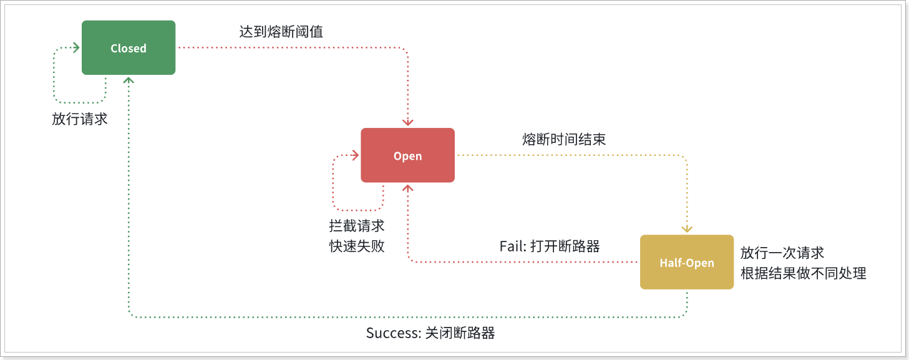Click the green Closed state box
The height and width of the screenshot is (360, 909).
(x=129, y=48)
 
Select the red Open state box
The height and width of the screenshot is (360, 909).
(x=407, y=155)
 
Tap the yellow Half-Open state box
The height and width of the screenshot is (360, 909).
(x=687, y=262)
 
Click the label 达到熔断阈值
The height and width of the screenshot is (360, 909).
(x=281, y=32)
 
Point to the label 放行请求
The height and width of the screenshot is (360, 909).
(x=79, y=119)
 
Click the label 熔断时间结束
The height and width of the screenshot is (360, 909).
(x=563, y=139)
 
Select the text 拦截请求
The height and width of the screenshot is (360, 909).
(x=356, y=226)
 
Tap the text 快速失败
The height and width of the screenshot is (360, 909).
(x=356, y=246)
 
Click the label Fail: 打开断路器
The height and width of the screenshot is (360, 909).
(x=550, y=246)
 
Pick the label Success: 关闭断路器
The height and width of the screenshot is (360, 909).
(x=430, y=333)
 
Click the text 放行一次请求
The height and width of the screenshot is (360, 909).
(x=782, y=253)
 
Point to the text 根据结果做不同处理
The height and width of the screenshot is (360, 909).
(x=803, y=273)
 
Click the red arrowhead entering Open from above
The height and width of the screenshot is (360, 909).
(x=408, y=122)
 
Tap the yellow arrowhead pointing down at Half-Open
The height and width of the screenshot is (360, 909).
(x=687, y=229)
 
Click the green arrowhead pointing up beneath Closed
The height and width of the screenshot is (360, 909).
(x=129, y=80)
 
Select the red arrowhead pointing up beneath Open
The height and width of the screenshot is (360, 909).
(x=408, y=188)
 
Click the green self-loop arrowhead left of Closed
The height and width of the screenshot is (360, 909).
(x=76, y=48)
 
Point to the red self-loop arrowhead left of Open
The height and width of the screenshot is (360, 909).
(x=356, y=155)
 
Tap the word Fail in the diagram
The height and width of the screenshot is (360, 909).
(x=512, y=246)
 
